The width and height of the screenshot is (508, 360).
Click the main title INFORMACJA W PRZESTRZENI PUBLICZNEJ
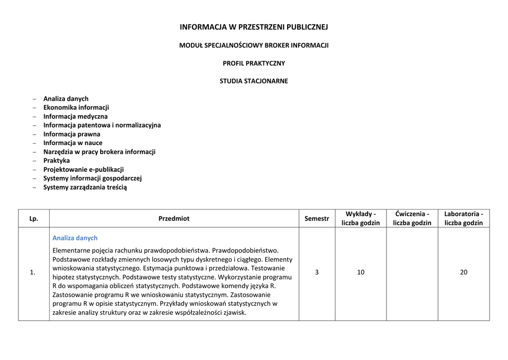254,27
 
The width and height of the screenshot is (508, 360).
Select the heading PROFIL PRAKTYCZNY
254,63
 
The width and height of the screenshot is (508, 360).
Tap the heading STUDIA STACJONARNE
254,81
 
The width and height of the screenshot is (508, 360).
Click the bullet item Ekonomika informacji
76,107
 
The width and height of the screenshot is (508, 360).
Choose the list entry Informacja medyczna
75,116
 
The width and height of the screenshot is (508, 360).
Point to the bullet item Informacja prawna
71,134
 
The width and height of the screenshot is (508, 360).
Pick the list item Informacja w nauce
73,143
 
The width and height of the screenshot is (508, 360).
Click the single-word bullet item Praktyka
57,160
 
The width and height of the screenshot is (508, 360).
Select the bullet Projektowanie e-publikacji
83,169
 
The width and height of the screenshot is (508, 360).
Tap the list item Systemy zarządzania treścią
85,187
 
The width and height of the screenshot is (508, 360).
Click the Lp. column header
34,218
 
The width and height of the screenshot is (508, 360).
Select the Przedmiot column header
174,218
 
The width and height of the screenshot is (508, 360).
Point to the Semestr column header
317,218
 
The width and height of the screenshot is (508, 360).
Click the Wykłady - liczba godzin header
361,218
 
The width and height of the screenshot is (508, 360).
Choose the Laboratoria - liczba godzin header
463,218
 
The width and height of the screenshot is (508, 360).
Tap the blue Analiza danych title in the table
75,238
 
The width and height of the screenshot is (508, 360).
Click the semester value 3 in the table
317,272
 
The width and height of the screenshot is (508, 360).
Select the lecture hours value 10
361,272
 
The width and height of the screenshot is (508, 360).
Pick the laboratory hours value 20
463,272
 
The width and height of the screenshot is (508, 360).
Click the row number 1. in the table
33,272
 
